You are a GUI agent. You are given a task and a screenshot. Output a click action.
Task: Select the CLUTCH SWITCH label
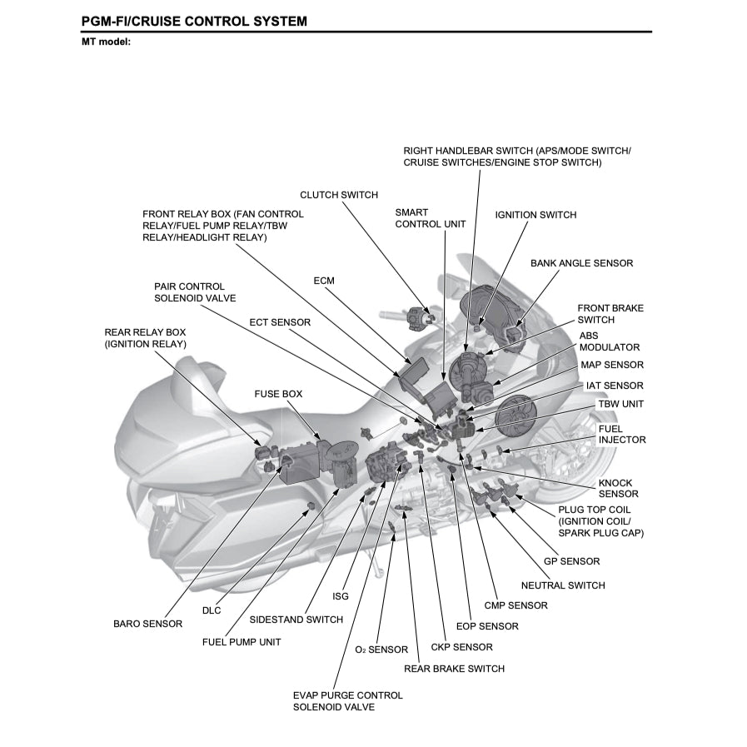click(x=338, y=195)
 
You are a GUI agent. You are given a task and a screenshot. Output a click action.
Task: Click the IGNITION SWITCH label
click(x=535, y=215)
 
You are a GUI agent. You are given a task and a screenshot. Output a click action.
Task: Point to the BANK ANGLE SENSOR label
click(x=581, y=263)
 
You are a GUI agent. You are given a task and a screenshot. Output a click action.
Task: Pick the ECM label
click(x=324, y=281)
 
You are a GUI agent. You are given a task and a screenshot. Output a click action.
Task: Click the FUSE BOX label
click(x=278, y=393)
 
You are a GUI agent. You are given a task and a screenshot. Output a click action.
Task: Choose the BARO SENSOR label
click(x=147, y=624)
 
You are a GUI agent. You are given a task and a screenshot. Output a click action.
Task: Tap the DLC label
click(x=212, y=610)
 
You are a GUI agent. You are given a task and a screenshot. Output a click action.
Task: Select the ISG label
click(x=340, y=596)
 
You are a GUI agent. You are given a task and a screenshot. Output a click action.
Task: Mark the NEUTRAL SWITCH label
click(x=563, y=585)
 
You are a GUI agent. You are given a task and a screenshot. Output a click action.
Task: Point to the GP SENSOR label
click(x=571, y=561)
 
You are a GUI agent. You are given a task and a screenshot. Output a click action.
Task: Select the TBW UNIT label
click(x=620, y=404)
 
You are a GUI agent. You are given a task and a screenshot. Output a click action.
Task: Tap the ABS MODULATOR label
click(x=610, y=341)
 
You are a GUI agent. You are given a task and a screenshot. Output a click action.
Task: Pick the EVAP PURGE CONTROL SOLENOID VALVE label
click(x=347, y=700)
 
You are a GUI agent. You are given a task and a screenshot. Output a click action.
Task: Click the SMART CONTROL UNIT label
click(x=430, y=218)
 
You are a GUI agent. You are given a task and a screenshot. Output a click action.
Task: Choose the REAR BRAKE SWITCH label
click(x=454, y=668)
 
